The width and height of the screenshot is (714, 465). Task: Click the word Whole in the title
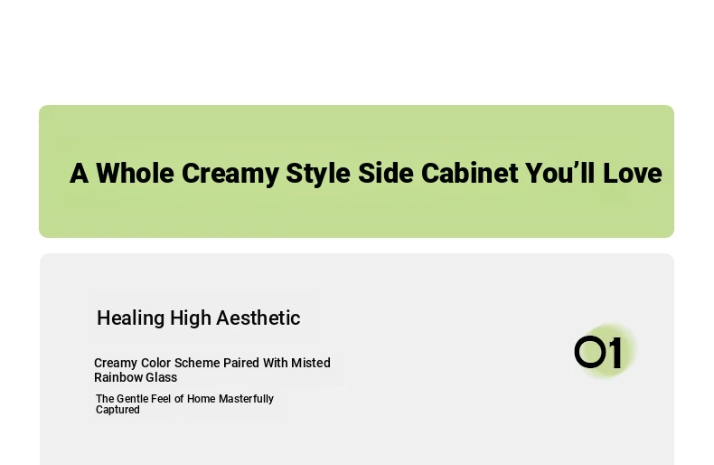click(x=135, y=173)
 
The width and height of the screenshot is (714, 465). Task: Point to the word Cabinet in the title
click(x=469, y=173)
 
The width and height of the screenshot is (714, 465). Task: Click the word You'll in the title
click(x=559, y=173)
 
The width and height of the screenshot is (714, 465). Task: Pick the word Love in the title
click(x=632, y=173)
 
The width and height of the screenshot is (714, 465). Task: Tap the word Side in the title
click(x=386, y=173)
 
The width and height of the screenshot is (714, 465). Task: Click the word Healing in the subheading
click(x=131, y=318)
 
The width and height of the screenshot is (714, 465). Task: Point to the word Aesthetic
click(x=258, y=318)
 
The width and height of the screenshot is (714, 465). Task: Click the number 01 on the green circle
click(x=598, y=352)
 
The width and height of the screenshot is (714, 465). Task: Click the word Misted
click(x=311, y=363)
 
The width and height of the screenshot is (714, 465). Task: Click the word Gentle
click(x=133, y=399)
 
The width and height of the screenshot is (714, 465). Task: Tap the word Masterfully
click(x=246, y=399)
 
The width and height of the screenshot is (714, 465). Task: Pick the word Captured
click(x=117, y=410)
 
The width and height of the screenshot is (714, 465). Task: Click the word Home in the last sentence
click(x=201, y=399)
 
